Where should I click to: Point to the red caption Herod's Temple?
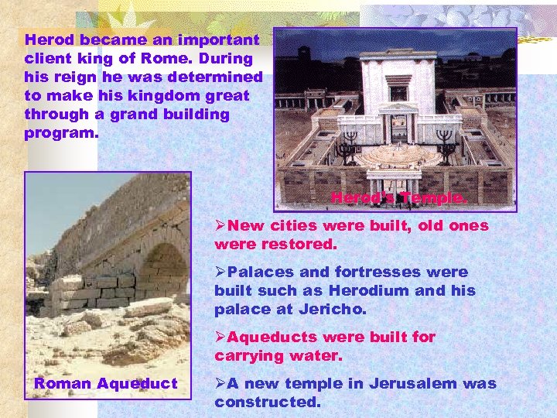tap(399, 199)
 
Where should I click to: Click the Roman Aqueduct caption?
tap(105, 384)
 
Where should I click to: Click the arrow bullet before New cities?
tap(221, 226)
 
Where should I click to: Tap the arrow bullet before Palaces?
tap(221, 272)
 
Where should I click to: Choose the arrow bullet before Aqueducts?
tap(221, 337)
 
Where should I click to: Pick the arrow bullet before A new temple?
tap(221, 384)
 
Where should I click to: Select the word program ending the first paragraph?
tap(60, 133)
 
